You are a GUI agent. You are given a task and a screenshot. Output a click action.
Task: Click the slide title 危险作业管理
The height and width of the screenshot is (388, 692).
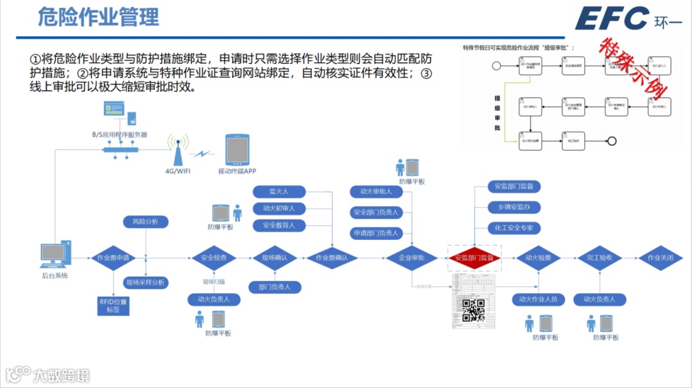(99, 17)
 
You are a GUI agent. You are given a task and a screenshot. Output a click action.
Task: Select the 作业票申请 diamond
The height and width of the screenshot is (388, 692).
(113, 258)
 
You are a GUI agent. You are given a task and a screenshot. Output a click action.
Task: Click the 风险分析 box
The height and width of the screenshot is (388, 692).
(145, 222)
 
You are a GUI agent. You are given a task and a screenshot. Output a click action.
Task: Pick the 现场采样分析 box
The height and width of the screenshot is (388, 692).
(145, 282)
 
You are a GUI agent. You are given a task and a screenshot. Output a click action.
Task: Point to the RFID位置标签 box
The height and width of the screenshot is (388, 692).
(113, 305)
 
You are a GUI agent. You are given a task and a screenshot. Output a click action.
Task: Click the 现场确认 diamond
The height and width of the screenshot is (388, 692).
(275, 258)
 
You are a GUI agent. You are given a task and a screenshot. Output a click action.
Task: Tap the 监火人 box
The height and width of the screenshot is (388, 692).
(279, 191)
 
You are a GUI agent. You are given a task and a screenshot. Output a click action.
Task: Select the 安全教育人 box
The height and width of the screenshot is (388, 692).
(279, 225)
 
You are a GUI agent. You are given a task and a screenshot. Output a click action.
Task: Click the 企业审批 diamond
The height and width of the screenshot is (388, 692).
(411, 258)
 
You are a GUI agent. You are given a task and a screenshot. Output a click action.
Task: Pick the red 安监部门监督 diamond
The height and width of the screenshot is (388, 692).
(474, 258)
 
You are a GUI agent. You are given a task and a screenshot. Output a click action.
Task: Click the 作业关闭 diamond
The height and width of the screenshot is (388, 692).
(663, 258)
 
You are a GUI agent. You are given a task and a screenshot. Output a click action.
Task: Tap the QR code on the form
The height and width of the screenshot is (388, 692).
(474, 310)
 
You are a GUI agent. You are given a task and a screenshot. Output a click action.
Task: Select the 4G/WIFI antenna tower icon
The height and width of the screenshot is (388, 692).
(179, 150)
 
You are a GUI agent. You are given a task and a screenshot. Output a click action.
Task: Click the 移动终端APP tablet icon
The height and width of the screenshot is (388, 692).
(236, 150)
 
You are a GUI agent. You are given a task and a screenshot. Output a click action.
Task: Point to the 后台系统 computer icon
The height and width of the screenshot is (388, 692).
(54, 255)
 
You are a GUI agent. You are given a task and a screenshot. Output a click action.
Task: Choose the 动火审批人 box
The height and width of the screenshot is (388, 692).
(376, 191)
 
